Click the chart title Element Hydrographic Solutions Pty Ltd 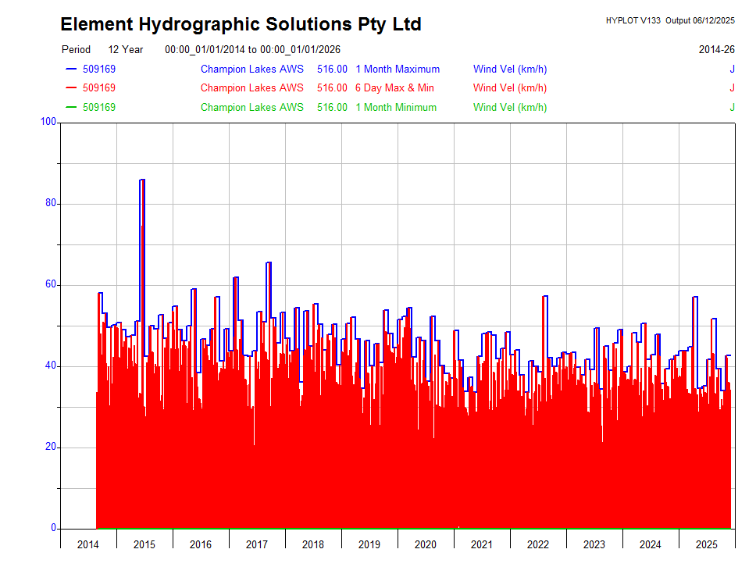(241, 24)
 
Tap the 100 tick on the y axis (48, 122)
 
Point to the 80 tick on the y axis (51, 203)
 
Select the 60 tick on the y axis (51, 284)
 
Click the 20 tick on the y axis (51, 448)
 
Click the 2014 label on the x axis (88, 544)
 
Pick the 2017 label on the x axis (257, 544)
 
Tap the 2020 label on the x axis (426, 544)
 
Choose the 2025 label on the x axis (707, 544)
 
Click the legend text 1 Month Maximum (398, 69)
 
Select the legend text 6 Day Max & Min (394, 87)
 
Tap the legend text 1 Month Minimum (396, 107)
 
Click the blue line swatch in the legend (71, 69)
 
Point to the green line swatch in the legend (71, 107)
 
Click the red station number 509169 (99, 87)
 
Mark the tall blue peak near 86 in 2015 (142, 180)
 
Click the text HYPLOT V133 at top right (633, 20)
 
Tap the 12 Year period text (126, 49)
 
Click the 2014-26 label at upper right (716, 49)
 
